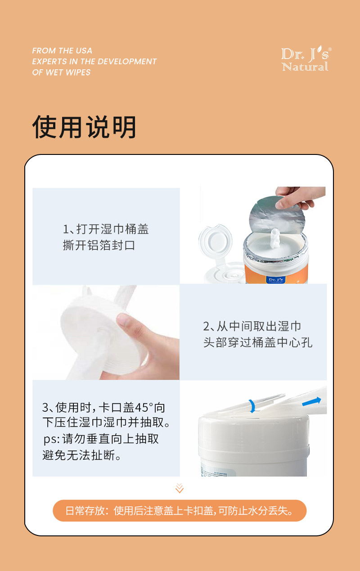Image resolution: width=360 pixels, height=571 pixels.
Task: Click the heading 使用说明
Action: coord(84,127)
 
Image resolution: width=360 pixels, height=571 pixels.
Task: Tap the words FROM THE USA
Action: coord(62,50)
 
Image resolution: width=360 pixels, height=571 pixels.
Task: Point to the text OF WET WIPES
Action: coord(61,73)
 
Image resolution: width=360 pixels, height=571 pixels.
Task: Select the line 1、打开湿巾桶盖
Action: coord(106,229)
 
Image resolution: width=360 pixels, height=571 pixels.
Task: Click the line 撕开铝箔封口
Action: coord(99,245)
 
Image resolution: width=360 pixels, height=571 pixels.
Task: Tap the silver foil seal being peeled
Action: coord(277,215)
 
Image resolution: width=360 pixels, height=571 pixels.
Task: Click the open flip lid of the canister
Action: coord(216,242)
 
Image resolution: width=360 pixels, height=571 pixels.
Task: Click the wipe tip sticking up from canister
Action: coord(275,238)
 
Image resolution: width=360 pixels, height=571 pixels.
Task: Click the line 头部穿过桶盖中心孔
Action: coord(257,342)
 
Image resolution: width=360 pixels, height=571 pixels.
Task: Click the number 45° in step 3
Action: coord(144,408)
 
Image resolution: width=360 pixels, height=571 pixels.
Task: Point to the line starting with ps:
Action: coord(101,439)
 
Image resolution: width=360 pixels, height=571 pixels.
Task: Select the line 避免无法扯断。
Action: coord(82,455)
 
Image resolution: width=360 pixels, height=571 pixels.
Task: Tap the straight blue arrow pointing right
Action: coord(311,402)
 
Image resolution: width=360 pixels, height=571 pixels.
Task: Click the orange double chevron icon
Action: coord(180,488)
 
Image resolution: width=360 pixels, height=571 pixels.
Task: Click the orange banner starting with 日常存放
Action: coord(180,511)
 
